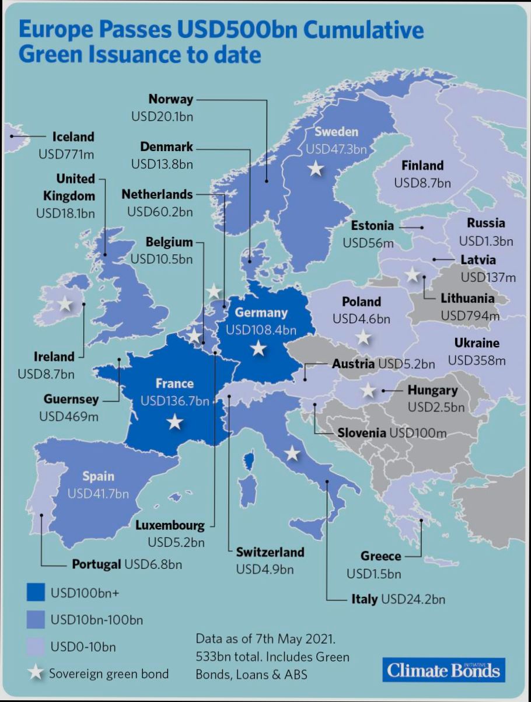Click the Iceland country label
[73, 137]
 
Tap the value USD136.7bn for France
[174, 401]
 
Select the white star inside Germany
[258, 349]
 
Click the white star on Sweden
[316, 169]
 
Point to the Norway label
[170, 99]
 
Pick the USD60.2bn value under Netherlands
[160, 211]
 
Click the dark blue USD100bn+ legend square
[36, 593]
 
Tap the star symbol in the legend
[36, 673]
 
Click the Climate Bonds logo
[443, 670]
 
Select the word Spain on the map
[98, 476]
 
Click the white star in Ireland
[65, 304]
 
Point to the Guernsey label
[71, 400]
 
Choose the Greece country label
[380, 556]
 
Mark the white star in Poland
[364, 337]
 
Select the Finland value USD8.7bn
[422, 183]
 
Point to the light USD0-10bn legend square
[36, 647]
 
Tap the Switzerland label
[270, 551]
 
